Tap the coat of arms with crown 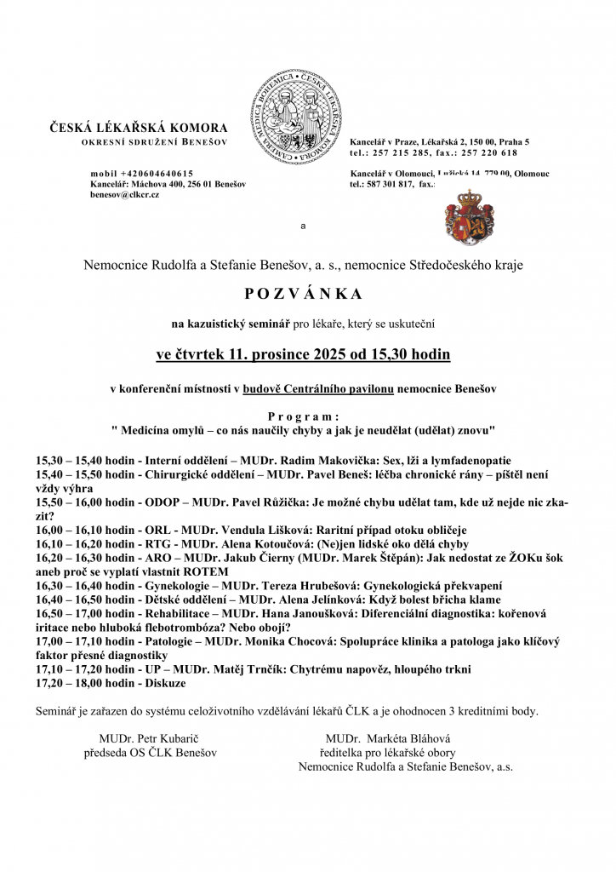click(464, 217)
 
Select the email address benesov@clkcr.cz click(124, 195)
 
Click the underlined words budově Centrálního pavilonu click(317, 388)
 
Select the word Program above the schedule click(303, 416)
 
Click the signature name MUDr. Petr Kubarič click(150, 738)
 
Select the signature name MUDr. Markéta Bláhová click(388, 738)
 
